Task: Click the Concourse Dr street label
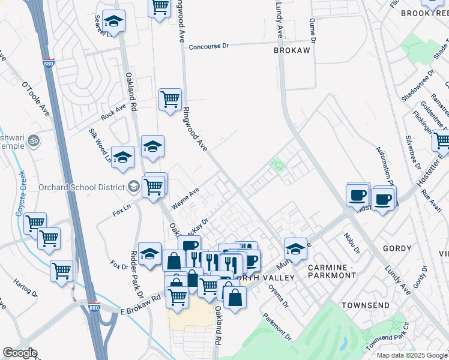209,46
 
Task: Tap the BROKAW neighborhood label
292,51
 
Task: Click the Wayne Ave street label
185,199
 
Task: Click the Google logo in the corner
19,353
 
